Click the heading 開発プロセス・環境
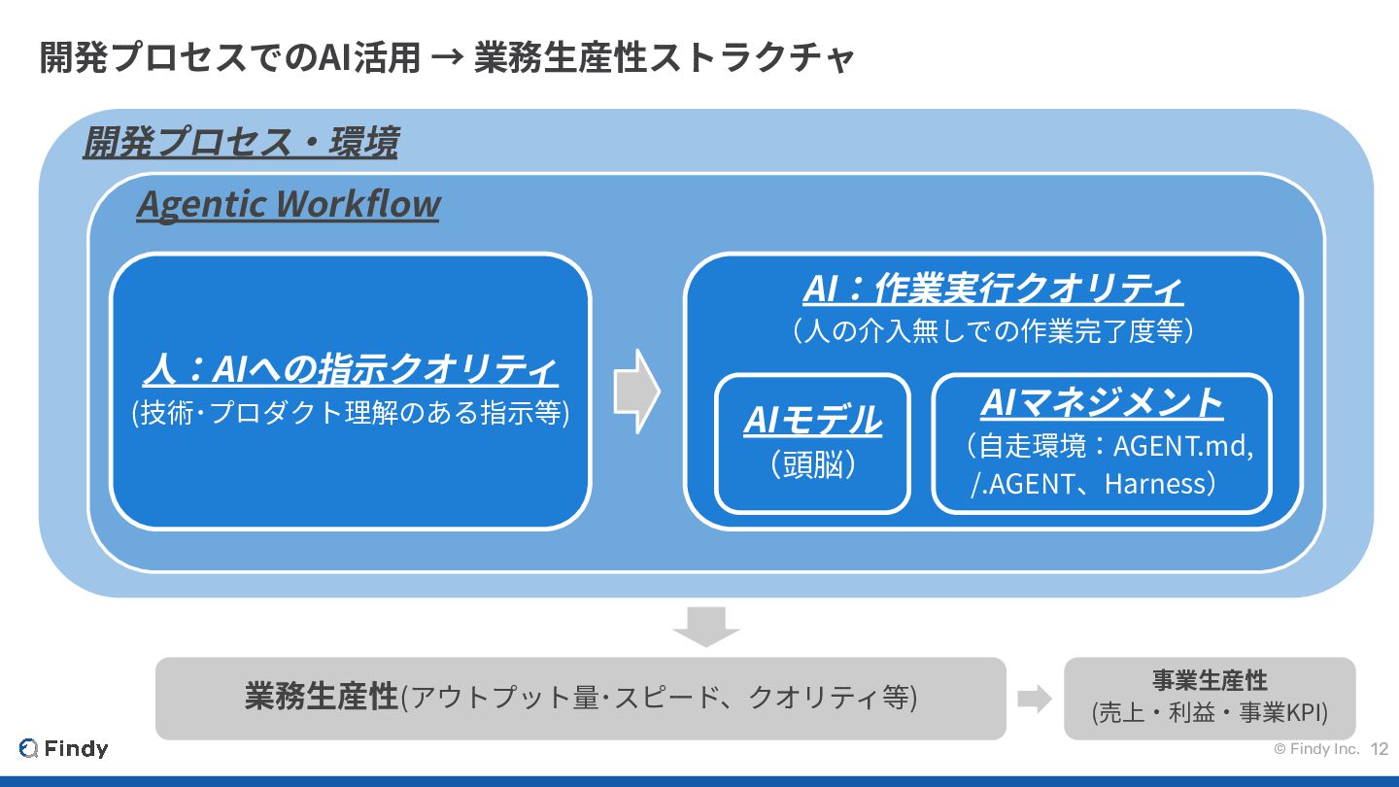240,144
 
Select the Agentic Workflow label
288,204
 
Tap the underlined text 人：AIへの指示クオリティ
350,370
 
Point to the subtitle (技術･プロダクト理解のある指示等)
350,413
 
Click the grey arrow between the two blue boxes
636,391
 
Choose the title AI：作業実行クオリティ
993,289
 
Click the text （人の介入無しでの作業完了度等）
993,331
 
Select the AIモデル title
812,421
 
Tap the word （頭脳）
812,465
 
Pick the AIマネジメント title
1101,401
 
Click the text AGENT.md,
1182,447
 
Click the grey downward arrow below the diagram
706,625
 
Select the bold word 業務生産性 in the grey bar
322,697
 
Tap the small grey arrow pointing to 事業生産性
1035,699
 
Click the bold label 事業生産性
1210,680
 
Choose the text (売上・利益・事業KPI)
1210,714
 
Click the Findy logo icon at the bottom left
29,748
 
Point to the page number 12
1380,749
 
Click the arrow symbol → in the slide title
447,58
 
